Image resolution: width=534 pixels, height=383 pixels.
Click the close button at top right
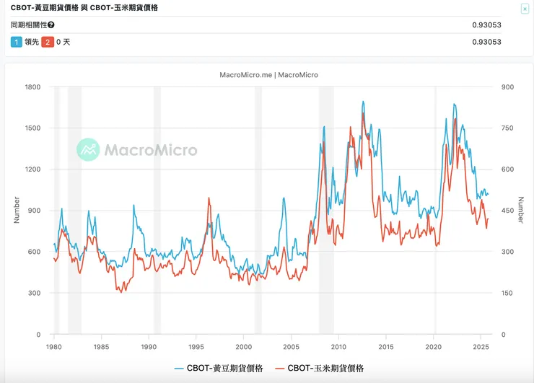(x=525, y=9)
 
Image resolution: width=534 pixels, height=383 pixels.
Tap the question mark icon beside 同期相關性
(x=51, y=25)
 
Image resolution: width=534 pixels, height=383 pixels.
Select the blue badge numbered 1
(x=17, y=42)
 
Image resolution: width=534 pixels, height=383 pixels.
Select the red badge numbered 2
(x=47, y=42)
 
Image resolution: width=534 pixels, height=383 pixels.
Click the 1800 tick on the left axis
(x=32, y=87)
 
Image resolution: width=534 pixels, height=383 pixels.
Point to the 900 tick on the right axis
(x=507, y=87)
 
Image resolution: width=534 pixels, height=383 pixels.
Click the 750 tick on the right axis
(x=507, y=128)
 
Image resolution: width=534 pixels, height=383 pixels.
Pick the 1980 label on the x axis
(x=54, y=347)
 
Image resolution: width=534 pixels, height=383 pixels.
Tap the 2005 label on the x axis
(x=291, y=347)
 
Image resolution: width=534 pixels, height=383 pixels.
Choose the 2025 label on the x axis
(x=481, y=347)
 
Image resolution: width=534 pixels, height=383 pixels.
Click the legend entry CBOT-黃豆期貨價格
(x=219, y=369)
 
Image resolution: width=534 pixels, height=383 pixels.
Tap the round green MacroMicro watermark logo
(x=88, y=150)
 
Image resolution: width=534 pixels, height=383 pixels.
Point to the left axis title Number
(x=17, y=211)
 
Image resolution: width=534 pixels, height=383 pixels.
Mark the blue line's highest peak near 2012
(x=363, y=102)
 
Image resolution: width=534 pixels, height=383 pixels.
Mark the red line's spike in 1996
(x=209, y=198)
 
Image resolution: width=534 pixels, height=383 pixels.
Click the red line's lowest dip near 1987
(x=121, y=292)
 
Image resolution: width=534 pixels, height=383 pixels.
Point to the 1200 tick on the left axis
(x=32, y=170)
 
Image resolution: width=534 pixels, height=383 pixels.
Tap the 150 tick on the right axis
(x=507, y=293)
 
